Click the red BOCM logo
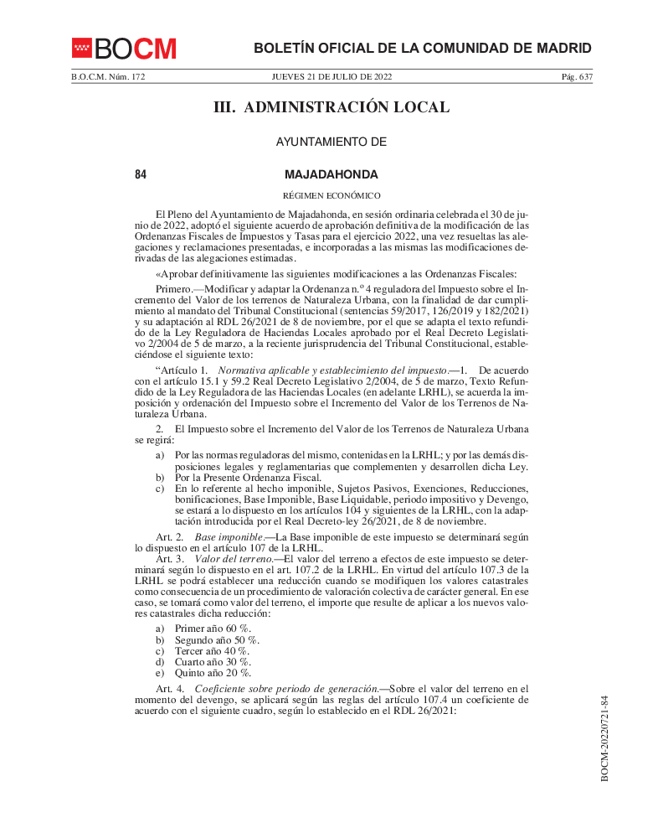[x=124, y=49]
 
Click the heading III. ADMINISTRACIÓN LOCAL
[x=331, y=107]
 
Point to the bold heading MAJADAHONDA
[x=331, y=174]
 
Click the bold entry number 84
[x=141, y=174]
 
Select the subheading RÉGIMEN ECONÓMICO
[x=331, y=195]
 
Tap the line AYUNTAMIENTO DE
[x=331, y=142]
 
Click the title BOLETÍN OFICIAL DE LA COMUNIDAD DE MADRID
[x=423, y=48]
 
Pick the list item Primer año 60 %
[x=213, y=628]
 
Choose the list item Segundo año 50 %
[x=216, y=639]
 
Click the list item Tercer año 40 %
[x=212, y=650]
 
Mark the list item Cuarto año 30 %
[x=213, y=661]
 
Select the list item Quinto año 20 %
[x=213, y=672]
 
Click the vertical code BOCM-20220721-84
[x=604, y=737]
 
